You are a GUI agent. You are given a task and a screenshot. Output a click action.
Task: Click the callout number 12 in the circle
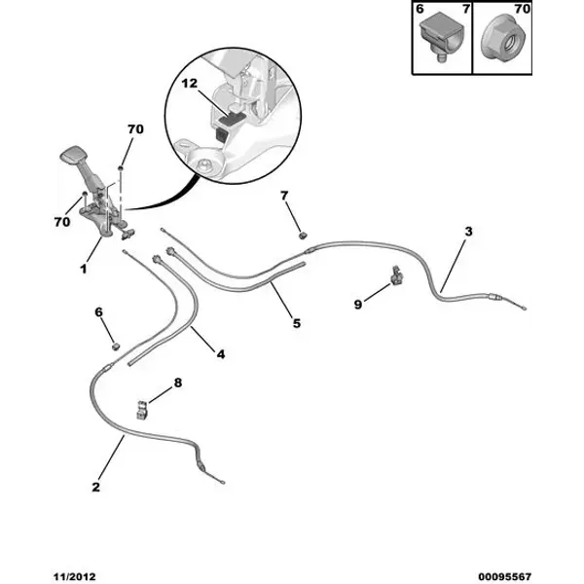pos(189,84)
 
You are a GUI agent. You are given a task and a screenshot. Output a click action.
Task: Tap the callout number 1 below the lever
pos(84,269)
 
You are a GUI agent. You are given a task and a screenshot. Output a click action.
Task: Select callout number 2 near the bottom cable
pos(96,487)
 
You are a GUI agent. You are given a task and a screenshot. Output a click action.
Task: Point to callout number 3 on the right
pos(468,232)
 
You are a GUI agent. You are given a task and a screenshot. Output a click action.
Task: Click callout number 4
pos(221,354)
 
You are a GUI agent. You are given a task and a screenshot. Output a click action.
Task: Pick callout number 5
pos(297,323)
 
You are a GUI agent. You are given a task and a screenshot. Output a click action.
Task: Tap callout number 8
pos(178,383)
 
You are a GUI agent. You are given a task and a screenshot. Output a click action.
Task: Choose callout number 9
pos(358,305)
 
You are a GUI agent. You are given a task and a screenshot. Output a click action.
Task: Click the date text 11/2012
pos(75,577)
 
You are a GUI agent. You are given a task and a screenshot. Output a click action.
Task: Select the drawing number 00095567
pos(504,577)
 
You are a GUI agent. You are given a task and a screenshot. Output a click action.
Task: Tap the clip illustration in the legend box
pos(441,38)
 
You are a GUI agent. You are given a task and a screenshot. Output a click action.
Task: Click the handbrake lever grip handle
pos(74,154)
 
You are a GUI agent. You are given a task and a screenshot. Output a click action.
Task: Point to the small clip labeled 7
pos(304,236)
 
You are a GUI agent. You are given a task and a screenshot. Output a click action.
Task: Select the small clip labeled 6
pos(116,347)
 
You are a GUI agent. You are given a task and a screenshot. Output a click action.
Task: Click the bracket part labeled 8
pos(142,410)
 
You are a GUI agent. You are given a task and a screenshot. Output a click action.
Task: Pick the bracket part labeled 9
pos(397,276)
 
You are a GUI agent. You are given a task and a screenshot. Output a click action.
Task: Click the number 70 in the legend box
pos(522,9)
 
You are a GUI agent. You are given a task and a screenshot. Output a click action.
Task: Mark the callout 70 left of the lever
pos(62,222)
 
